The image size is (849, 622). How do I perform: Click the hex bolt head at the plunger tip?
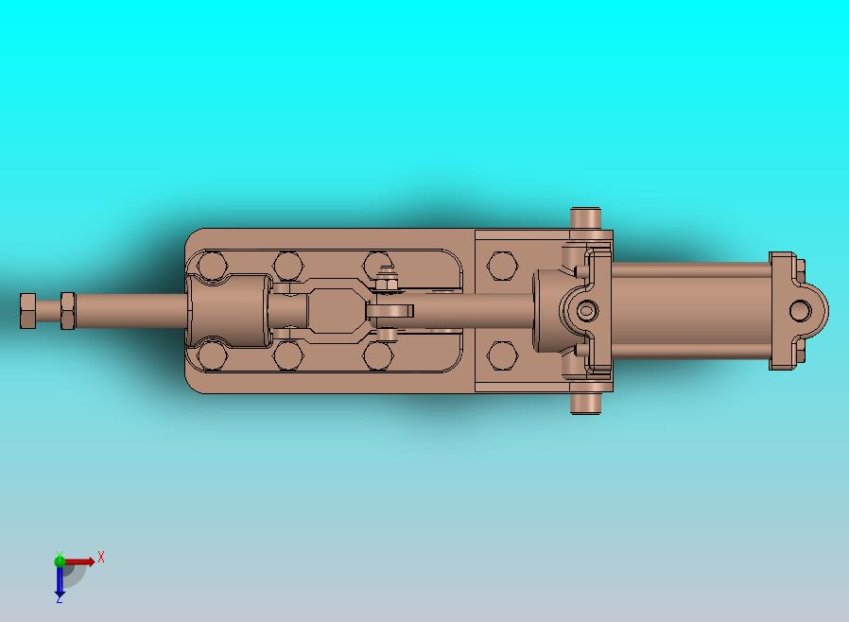tap(27, 311)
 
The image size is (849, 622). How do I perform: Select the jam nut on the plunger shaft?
tap(68, 311)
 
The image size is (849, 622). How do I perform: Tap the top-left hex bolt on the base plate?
tap(211, 266)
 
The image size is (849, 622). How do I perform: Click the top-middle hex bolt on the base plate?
tap(287, 266)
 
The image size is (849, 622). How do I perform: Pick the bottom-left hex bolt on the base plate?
tap(211, 356)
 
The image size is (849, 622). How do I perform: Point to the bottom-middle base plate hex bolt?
tap(287, 356)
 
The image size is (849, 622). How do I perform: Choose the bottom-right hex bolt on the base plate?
tap(378, 356)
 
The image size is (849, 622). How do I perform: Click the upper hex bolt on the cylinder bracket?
tap(503, 266)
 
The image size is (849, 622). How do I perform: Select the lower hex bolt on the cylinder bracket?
tap(503, 355)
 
